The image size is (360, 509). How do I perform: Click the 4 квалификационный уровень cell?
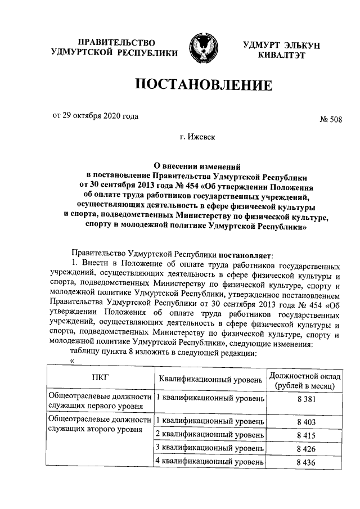click(x=210, y=462)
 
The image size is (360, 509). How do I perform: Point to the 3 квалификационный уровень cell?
click(x=210, y=448)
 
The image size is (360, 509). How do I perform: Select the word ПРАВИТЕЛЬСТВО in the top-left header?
click(x=116, y=43)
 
